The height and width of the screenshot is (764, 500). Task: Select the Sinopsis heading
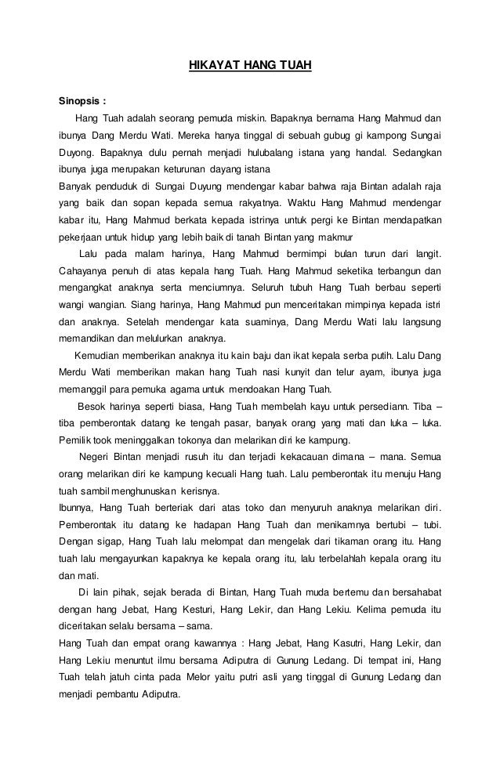point(82,101)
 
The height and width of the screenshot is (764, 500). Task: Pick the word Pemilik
point(73,439)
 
